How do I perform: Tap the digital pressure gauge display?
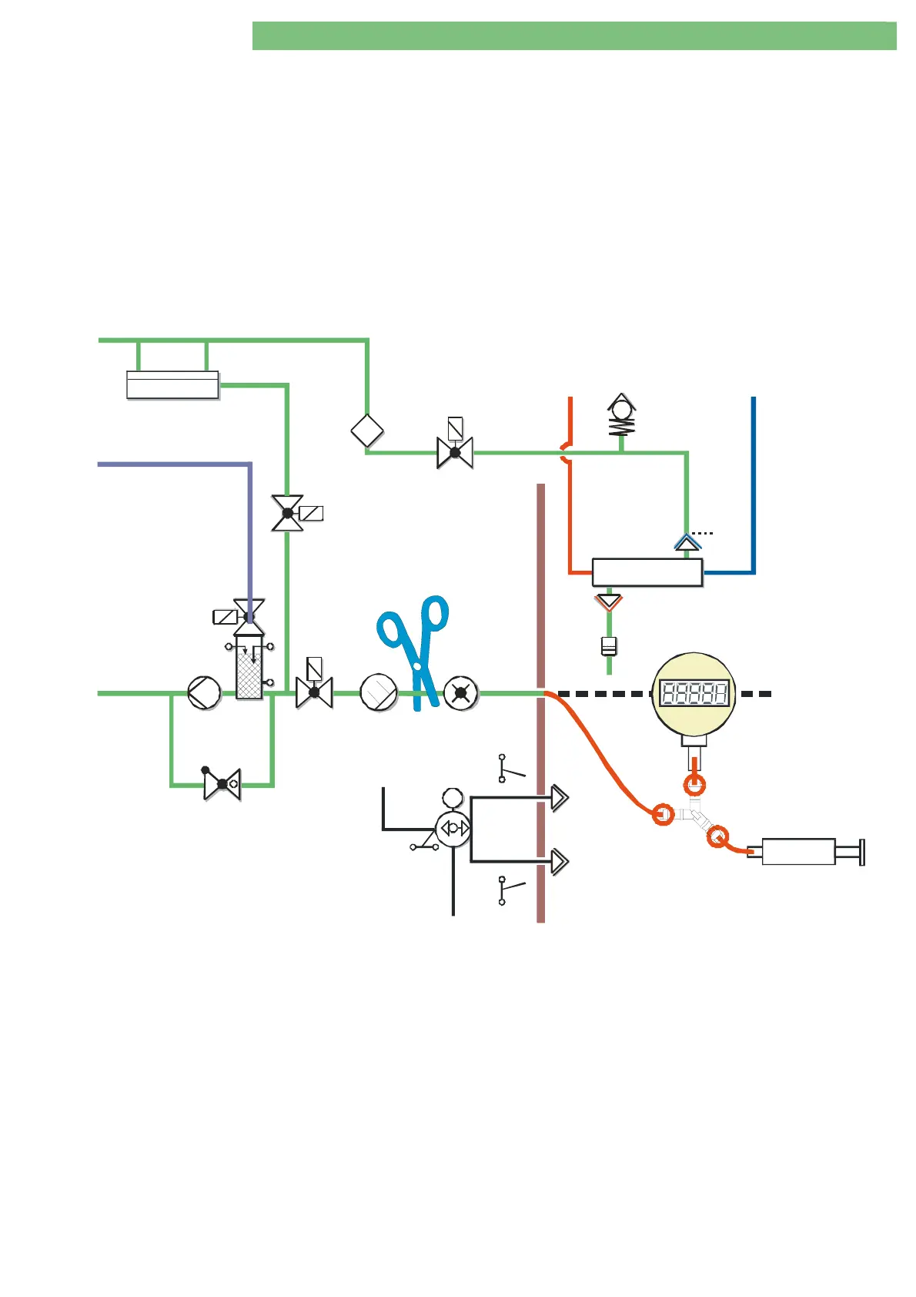694,694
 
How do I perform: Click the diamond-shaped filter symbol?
367,430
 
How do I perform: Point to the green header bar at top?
573,36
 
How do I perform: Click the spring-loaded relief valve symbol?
621,416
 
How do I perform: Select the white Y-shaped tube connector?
691,816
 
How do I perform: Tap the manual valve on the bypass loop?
222,784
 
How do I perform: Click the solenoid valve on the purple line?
248,616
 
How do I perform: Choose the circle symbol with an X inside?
461,693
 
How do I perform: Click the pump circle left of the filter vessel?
205,693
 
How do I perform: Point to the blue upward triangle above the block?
687,542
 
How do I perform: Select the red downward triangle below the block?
609,601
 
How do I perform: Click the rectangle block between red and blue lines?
647,572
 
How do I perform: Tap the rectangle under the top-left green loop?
172,385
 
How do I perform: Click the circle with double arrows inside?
453,829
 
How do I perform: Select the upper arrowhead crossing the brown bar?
560,798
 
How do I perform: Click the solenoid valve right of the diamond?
455,451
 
